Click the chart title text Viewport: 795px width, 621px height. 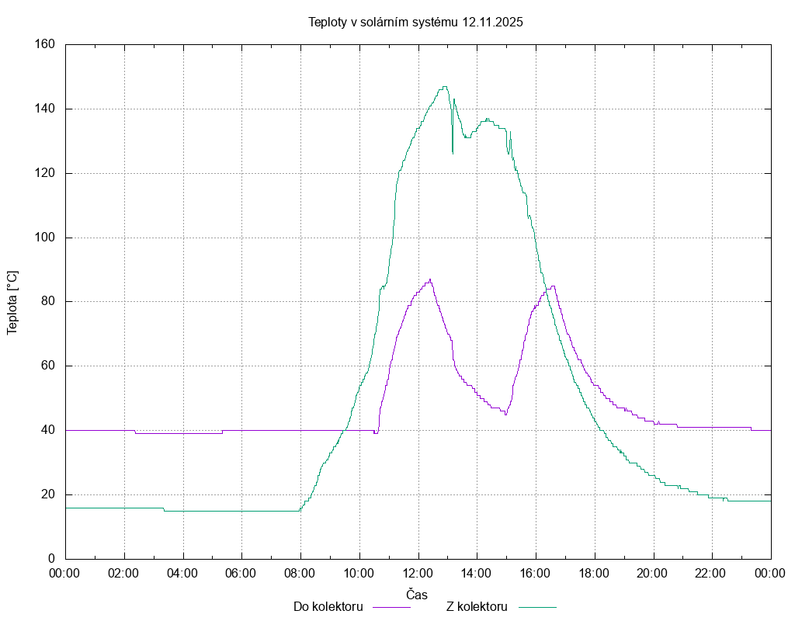pyautogui.click(x=415, y=22)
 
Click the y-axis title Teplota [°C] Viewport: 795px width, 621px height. pyautogui.click(x=12, y=302)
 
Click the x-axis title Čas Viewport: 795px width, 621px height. pyautogui.click(x=417, y=594)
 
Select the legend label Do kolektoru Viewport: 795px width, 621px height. pyautogui.click(x=328, y=607)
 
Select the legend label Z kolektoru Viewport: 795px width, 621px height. pyautogui.click(x=477, y=607)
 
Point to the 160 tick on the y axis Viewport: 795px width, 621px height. pyautogui.click(x=44, y=44)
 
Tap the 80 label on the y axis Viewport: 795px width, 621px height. pyautogui.click(x=47, y=302)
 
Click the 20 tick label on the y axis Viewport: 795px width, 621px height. pyautogui.click(x=47, y=494)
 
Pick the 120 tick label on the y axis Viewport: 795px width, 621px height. pyautogui.click(x=44, y=173)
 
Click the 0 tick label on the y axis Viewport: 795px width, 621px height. pyautogui.click(x=51, y=559)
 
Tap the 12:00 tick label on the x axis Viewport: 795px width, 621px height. pyautogui.click(x=418, y=574)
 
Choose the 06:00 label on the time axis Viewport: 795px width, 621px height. pyautogui.click(x=241, y=574)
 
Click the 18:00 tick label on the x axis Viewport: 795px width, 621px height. pyautogui.click(x=595, y=574)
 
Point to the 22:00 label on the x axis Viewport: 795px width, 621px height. pyautogui.click(x=712, y=574)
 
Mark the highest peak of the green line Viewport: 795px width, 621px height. pyautogui.click(x=444, y=87)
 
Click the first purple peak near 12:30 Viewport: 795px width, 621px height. pyautogui.click(x=430, y=279)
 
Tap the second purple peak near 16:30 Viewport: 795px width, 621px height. pyautogui.click(x=553, y=286)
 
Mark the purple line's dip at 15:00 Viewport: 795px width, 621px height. pyautogui.click(x=505, y=415)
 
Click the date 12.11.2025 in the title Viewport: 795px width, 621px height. pyautogui.click(x=492, y=22)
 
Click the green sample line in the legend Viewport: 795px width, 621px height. pyautogui.click(x=537, y=607)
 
